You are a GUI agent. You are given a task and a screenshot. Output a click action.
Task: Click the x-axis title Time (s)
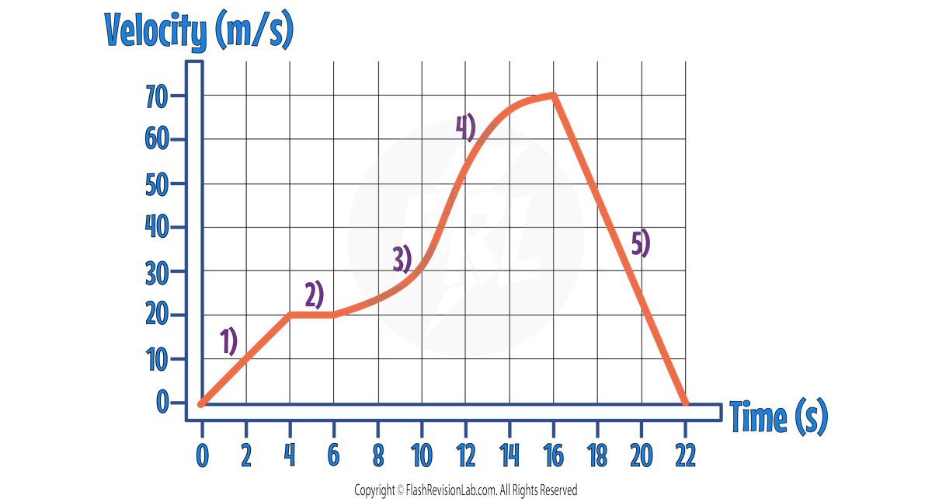point(778,418)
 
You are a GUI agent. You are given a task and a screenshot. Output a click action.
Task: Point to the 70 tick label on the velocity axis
point(157,96)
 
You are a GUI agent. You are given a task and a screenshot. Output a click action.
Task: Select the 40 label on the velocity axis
point(157,228)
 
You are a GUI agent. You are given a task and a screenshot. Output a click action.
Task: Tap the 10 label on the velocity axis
point(157,359)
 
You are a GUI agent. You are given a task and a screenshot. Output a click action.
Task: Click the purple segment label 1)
point(228,341)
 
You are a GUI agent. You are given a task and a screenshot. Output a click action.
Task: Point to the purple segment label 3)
point(402,259)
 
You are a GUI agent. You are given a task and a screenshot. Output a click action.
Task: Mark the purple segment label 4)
point(465,127)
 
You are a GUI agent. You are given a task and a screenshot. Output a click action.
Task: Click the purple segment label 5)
point(640,244)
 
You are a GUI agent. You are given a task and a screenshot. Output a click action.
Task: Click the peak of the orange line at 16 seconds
point(553,95)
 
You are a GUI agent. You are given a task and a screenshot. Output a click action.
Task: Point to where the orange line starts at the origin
point(201,403)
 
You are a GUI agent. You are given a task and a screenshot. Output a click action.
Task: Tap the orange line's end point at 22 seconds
point(684,403)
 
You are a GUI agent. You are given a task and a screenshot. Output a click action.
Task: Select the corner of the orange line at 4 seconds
point(290,315)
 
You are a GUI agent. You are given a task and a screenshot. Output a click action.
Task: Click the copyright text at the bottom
point(465,490)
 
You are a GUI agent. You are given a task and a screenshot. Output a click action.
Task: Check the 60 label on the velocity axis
point(157,140)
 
